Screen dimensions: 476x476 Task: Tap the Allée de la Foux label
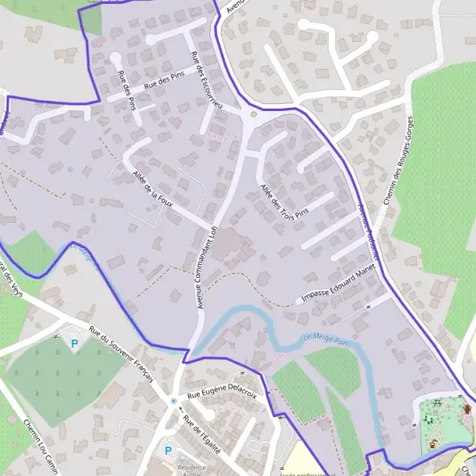coord(153,186)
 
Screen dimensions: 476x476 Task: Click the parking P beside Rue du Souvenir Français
coord(75,344)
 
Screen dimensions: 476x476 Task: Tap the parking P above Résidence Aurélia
coord(168,450)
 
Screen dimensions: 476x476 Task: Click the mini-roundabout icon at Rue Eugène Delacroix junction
coord(174,401)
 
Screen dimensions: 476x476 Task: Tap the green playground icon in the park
coord(429,419)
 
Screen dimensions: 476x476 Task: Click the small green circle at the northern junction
coord(254,114)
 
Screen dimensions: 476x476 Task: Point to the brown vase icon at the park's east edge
coord(467,409)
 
